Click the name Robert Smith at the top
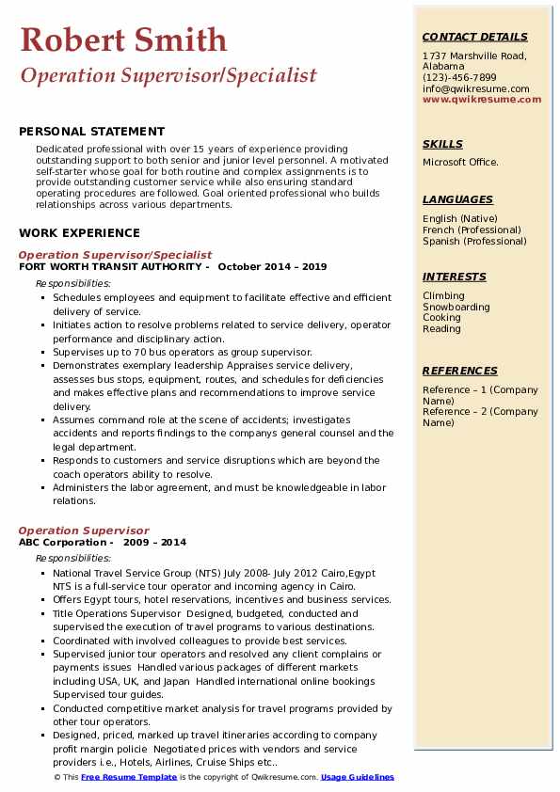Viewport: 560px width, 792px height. [123, 40]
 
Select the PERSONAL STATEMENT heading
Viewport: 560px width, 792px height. [91, 132]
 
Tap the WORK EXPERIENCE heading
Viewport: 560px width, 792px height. [79, 233]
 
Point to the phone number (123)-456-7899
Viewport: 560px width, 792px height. [459, 78]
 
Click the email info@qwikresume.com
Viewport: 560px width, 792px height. [476, 89]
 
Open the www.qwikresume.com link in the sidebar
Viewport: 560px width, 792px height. [482, 100]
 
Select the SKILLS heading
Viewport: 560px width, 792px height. [442, 144]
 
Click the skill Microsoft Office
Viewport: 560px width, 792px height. [461, 163]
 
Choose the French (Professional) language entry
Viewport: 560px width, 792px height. [472, 230]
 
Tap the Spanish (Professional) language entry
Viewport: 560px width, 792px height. [474, 241]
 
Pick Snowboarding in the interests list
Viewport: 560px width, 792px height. [456, 307]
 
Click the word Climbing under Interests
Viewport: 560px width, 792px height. [443, 295]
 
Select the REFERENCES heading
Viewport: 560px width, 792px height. [460, 371]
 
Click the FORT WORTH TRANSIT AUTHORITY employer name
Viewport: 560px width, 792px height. [112, 266]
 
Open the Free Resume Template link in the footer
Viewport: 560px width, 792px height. [129, 778]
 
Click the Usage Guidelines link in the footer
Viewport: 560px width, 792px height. [357, 778]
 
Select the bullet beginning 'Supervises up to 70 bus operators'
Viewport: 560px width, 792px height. [183, 352]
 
